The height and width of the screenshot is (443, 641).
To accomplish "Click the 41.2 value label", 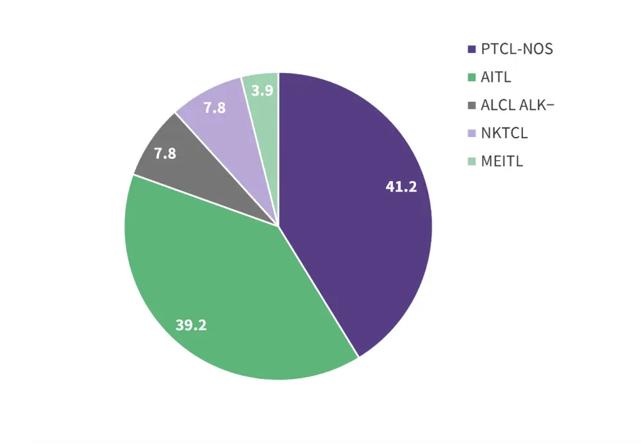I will coord(401,187).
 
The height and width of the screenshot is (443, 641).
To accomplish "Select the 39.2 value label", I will coord(191,325).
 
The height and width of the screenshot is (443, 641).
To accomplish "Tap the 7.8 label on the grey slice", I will coord(165,154).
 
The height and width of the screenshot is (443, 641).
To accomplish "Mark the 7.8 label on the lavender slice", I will coord(214,108).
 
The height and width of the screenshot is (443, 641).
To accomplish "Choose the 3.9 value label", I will coord(262,91).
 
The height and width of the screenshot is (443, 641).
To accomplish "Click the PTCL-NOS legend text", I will coord(517,49).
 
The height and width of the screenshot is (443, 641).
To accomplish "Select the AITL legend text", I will coord(496,77).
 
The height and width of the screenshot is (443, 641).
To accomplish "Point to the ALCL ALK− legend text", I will coord(517,106).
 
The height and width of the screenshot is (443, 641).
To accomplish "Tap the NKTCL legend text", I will coord(504,133).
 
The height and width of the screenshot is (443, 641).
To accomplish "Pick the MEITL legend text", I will coord(502,161).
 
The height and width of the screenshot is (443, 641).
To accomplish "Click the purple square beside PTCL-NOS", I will coord(472,49).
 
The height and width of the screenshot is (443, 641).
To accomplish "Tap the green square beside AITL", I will coord(472,77).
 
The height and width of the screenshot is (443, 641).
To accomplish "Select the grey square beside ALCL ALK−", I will coord(472,106).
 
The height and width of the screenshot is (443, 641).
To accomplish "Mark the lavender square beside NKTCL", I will coord(472,134).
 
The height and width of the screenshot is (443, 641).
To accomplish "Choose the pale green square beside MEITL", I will coord(472,161).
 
